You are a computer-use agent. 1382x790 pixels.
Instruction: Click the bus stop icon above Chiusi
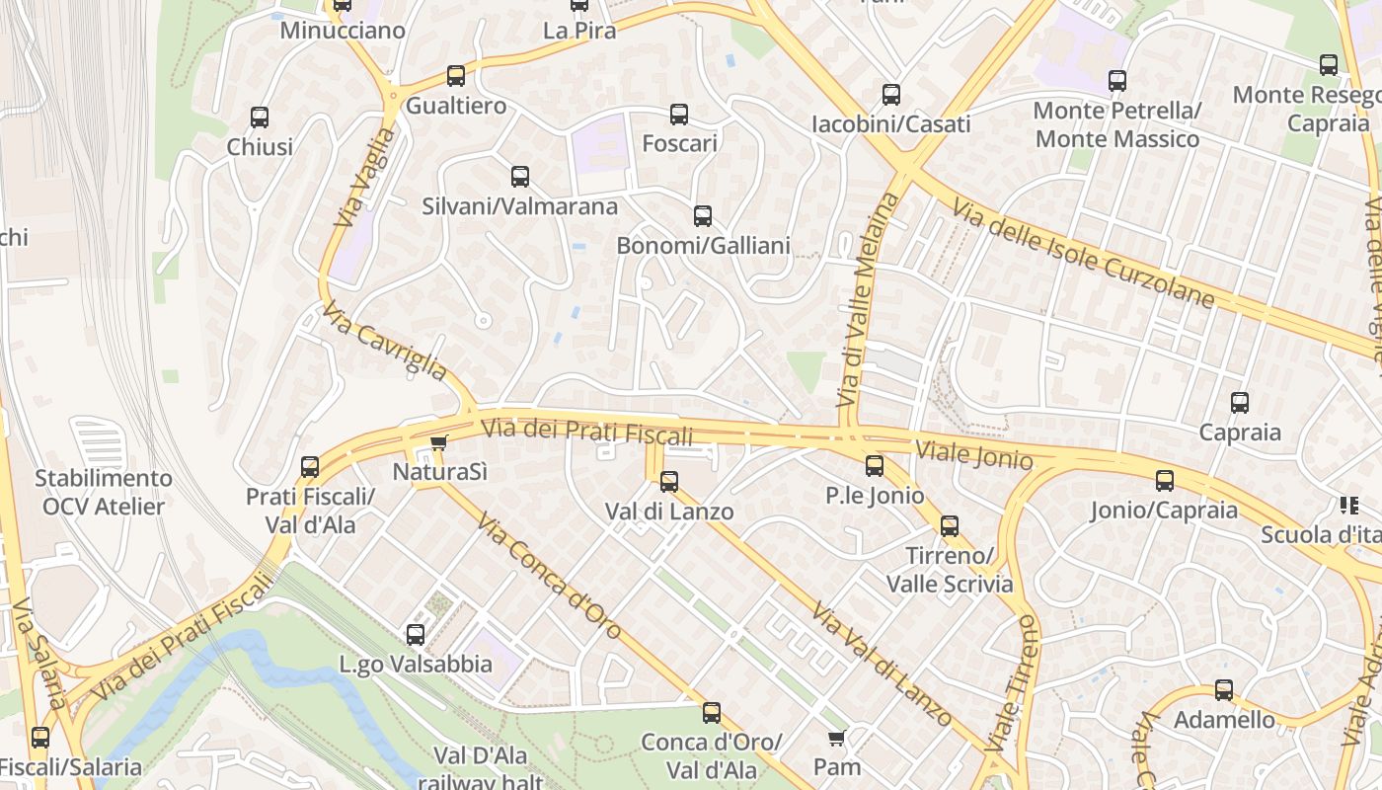260,118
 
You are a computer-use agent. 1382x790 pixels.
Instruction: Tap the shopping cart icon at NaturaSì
439,443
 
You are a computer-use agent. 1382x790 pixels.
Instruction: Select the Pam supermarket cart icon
837,738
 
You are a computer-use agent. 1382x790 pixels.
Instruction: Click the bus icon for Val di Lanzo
669,482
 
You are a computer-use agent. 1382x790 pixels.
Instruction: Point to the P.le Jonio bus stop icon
875,466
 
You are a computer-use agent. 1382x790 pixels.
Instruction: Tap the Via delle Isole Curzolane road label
1083,254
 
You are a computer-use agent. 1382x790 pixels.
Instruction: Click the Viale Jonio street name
974,455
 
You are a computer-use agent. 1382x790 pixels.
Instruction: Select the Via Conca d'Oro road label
549,575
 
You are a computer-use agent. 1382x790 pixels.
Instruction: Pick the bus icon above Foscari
679,115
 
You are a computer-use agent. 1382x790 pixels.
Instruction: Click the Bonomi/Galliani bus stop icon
703,216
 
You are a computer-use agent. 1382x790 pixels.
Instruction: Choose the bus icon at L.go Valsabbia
416,634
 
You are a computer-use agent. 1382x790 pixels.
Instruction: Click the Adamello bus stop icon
1224,690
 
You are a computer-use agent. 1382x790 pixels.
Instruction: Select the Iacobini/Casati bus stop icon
891,95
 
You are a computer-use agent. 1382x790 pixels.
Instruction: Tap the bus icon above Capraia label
1240,403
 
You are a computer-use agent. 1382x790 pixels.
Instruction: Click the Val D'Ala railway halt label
480,769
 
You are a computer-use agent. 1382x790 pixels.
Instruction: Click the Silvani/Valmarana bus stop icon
520,177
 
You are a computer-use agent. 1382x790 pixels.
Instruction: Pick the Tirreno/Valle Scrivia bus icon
950,526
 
